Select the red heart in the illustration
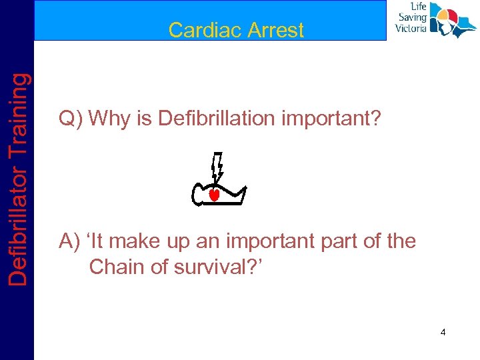tap(215, 195)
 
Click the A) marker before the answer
tap(71, 241)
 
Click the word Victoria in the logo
tap(411, 29)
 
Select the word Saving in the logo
tap(413, 18)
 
